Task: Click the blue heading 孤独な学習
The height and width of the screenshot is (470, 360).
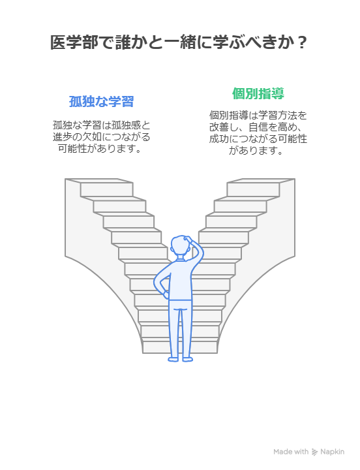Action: pos(101,102)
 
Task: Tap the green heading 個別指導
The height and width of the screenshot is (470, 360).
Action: pos(258,93)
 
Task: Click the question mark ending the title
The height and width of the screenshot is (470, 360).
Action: pos(303,42)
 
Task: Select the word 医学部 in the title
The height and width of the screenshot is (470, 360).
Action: pos(74,42)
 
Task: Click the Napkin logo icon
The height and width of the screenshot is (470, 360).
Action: pos(314,452)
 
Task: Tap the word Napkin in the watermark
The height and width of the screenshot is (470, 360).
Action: pos(332,452)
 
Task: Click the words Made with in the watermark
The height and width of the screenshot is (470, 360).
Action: pos(291,452)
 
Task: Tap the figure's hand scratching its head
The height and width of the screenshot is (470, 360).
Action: pos(188,240)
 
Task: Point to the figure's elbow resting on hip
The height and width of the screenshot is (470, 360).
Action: pos(157,283)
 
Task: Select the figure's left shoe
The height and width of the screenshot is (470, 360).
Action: pos(173,359)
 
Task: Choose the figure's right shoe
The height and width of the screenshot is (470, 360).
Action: pos(187,359)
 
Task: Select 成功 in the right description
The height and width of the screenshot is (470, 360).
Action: pos(219,139)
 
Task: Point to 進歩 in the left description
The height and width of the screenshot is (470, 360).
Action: pos(63,137)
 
